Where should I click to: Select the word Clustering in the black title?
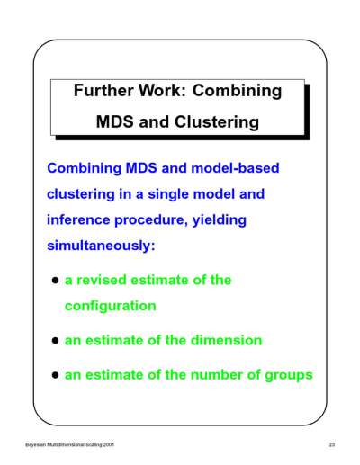click(217, 122)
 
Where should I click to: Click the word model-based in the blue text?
click(235, 168)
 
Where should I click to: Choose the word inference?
click(78, 219)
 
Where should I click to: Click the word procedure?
click(151, 220)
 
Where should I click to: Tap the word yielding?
click(220, 220)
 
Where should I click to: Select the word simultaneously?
click(101, 246)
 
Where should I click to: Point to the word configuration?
click(111, 307)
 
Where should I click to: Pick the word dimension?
click(226, 341)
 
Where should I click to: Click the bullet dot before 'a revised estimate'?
click(55, 281)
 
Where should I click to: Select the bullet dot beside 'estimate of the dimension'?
click(55, 341)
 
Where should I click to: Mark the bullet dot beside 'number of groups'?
click(55, 375)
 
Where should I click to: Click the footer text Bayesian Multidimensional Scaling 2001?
click(70, 444)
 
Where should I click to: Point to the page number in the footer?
click(332, 444)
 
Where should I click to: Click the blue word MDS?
click(141, 168)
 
